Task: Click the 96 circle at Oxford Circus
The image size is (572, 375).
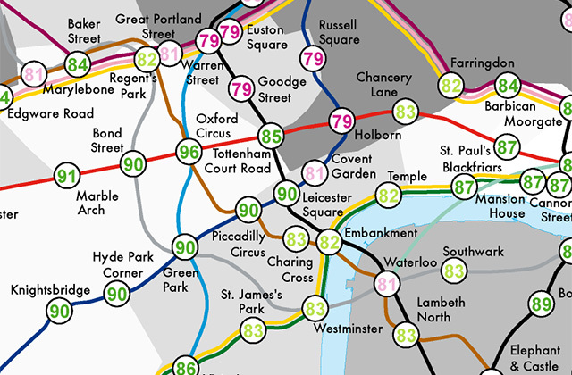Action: coord(188,153)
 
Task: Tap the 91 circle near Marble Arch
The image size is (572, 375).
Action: coord(66,176)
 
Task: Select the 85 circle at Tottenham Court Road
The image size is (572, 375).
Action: coord(271,137)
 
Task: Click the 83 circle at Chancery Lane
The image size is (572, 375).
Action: coord(406,112)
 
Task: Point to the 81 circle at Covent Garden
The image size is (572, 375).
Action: coord(314,172)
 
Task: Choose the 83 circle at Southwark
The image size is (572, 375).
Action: coord(454,270)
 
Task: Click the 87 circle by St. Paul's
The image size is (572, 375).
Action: coord(507,146)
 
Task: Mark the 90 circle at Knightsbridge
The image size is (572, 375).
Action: coord(61,312)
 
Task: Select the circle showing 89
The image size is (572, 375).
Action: coord(541,304)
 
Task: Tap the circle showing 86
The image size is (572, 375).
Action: coord(185,367)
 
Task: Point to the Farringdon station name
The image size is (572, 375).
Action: coord(483,64)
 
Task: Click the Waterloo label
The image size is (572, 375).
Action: coord(409,263)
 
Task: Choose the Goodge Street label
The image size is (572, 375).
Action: coord(282,89)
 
